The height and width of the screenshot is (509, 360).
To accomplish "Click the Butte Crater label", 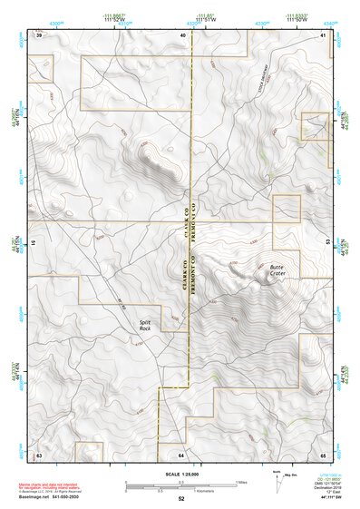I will [277, 272].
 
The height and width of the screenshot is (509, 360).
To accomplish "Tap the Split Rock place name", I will [145, 325].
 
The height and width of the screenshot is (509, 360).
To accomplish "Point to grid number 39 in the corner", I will [39, 34].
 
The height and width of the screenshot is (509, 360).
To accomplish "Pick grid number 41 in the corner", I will [324, 34].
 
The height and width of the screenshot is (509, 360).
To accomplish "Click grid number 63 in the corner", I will [39, 452].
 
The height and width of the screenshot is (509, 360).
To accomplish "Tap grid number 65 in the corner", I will [324, 452].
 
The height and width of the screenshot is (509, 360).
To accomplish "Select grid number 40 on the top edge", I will [182, 34].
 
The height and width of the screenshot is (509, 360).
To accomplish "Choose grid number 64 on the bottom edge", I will [181, 452].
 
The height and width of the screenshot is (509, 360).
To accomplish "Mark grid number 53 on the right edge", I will [326, 243].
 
